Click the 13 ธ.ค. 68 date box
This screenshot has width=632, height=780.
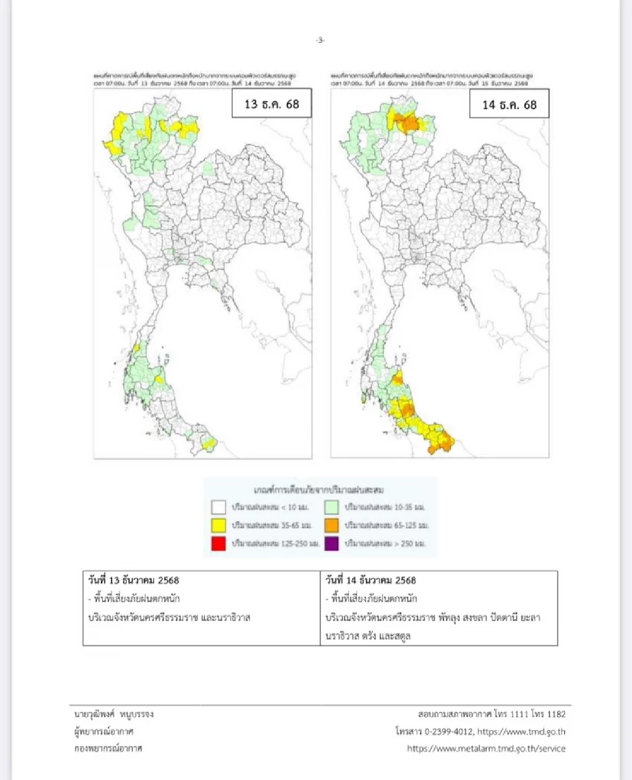(272, 104)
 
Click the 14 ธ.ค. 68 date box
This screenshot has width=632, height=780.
(509, 104)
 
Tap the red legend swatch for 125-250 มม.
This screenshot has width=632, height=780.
(219, 543)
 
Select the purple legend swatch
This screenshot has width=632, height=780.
(331, 543)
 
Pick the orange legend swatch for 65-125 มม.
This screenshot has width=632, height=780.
(331, 525)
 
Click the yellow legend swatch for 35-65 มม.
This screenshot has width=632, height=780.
(219, 525)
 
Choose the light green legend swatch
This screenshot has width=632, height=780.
(331, 508)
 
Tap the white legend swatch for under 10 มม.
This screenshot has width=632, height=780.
(219, 508)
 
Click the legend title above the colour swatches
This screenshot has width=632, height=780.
(319, 490)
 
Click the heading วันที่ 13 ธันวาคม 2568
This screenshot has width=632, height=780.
(134, 580)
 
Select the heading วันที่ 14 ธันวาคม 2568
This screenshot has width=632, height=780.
(371, 580)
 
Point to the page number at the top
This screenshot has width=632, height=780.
(320, 40)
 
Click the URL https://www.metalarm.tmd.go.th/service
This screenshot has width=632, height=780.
(486, 748)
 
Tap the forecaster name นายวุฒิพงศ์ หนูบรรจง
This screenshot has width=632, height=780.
(114, 715)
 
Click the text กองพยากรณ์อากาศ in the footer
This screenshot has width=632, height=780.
(108, 748)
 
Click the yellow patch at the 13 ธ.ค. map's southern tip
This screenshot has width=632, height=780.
(209, 444)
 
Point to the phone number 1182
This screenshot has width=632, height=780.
(556, 715)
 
